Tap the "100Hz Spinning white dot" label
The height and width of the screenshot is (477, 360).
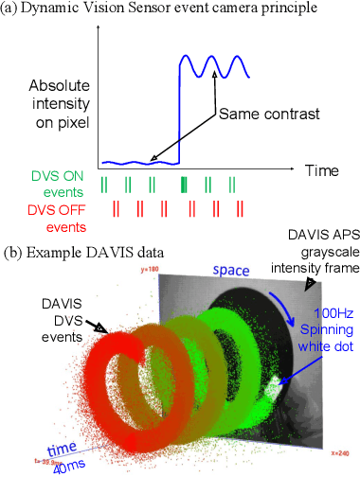[319, 325]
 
